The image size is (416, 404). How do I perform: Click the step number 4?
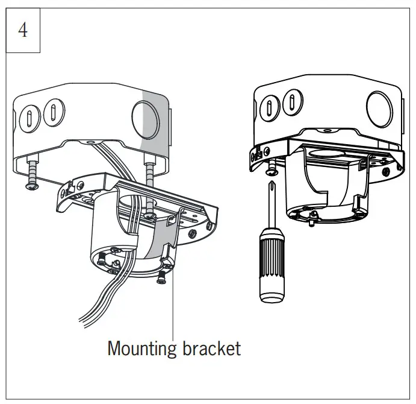coord(23,30)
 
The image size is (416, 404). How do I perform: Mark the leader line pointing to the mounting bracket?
coord(173,301)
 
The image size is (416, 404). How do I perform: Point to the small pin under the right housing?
coord(311,223)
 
